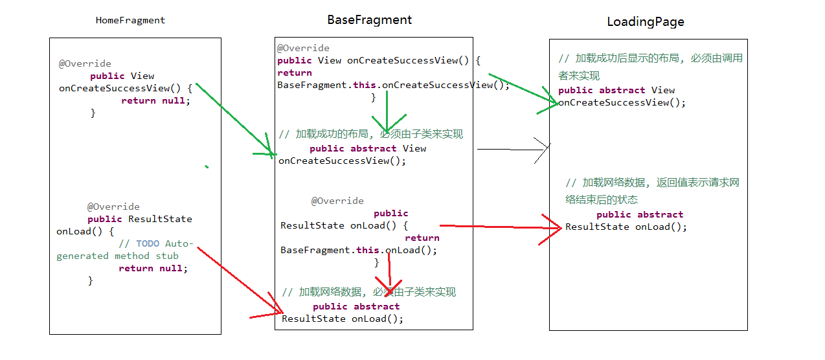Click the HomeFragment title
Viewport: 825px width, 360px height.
click(x=130, y=20)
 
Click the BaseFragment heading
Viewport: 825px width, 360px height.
click(x=369, y=19)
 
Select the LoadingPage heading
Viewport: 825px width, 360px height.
click(x=645, y=21)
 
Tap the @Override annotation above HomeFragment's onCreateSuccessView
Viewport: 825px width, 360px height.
click(x=85, y=63)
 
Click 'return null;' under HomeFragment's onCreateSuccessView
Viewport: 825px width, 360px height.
click(x=156, y=100)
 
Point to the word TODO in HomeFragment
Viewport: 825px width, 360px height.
click(x=148, y=243)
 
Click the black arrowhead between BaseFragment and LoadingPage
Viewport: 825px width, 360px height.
click(x=543, y=150)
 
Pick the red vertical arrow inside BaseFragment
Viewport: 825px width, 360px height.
click(x=389, y=272)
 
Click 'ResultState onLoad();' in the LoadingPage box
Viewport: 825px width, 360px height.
click(x=626, y=227)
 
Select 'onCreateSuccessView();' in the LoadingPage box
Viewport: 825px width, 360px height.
click(x=622, y=102)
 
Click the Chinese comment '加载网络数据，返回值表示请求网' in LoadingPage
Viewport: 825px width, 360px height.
click(x=652, y=183)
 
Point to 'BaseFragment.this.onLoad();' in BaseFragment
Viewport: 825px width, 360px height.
click(x=358, y=250)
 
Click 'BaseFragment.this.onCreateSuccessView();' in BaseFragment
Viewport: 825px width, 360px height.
click(x=393, y=85)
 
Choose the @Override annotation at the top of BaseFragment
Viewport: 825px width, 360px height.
click(x=303, y=48)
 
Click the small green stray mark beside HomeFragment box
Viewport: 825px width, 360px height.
click(x=207, y=167)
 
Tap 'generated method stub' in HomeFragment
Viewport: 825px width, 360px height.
click(x=117, y=256)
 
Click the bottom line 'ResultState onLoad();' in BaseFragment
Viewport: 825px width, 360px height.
click(x=343, y=319)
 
